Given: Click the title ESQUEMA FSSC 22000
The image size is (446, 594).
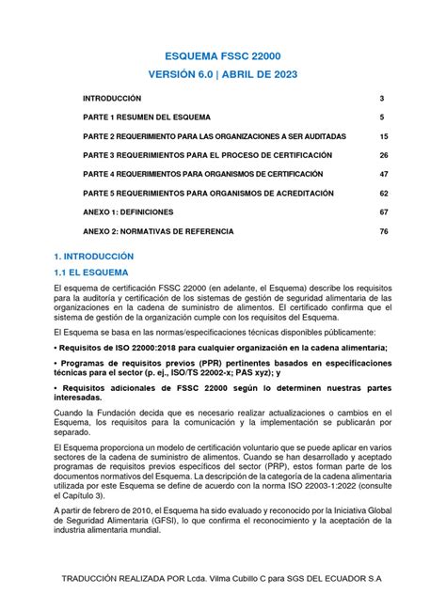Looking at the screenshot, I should coord(223,57).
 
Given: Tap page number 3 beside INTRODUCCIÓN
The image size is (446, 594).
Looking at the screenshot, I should coord(382,99).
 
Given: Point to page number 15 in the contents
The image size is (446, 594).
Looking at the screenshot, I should coord(383,136).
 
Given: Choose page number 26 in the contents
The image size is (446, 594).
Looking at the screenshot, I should coord(383,155).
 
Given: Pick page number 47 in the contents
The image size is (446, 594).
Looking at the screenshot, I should coord(383,175).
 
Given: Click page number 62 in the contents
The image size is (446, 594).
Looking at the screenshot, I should coord(383,194).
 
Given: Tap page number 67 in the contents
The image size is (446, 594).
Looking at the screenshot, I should coord(383,212).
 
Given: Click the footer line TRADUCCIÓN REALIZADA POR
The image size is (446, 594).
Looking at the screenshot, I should coord(223,574).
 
